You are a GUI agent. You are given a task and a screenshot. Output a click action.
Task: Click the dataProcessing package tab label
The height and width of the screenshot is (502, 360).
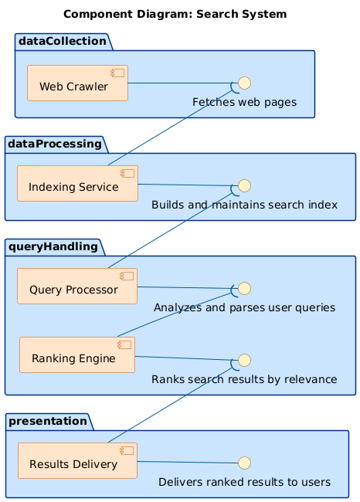[x=56, y=144]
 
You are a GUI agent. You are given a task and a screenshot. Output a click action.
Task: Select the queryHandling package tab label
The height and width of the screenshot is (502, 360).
[x=55, y=246]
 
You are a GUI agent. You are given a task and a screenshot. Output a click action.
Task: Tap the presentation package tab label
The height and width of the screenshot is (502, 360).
[x=48, y=421]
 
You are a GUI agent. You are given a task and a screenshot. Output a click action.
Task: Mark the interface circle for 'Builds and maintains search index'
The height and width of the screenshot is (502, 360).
[x=244, y=185]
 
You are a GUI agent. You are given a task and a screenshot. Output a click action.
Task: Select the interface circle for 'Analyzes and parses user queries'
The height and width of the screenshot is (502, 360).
[x=244, y=288]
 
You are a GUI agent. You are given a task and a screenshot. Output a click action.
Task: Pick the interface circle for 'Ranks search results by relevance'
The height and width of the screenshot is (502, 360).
[x=244, y=359]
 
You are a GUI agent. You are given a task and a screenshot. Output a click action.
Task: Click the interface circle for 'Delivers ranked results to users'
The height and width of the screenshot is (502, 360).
[x=244, y=463]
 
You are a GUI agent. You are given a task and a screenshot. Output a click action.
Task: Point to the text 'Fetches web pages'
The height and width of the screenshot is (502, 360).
[x=244, y=103]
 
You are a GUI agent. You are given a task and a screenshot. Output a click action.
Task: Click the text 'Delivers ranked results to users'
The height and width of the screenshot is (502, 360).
[x=244, y=482]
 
